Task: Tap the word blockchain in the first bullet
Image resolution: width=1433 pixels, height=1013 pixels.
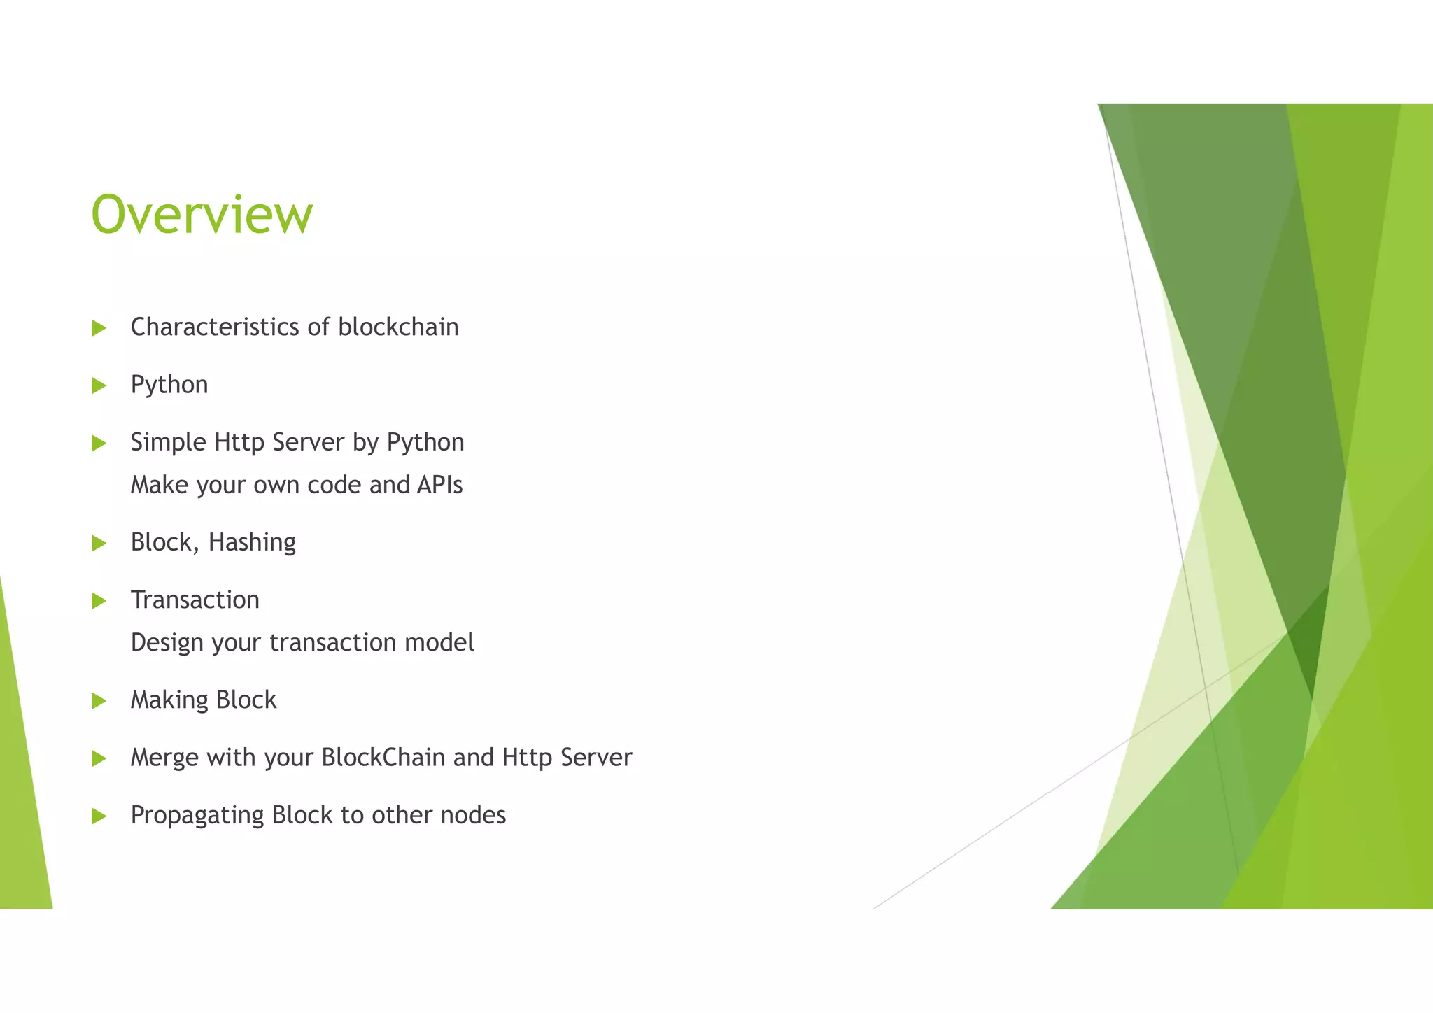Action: [398, 327]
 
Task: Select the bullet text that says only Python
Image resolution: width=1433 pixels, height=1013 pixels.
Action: [169, 385]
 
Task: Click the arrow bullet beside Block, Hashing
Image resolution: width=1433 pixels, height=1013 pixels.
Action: [99, 543]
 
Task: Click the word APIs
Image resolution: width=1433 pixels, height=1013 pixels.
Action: [439, 485]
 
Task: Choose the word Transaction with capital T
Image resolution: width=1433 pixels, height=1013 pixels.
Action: [195, 600]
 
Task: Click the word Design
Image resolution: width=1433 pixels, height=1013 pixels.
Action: [167, 643]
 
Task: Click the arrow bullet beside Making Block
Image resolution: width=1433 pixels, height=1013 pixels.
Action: [99, 701]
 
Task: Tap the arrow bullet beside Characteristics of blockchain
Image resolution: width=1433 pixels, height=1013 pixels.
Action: [99, 328]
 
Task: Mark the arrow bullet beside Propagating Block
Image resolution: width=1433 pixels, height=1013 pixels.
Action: [99, 816]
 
